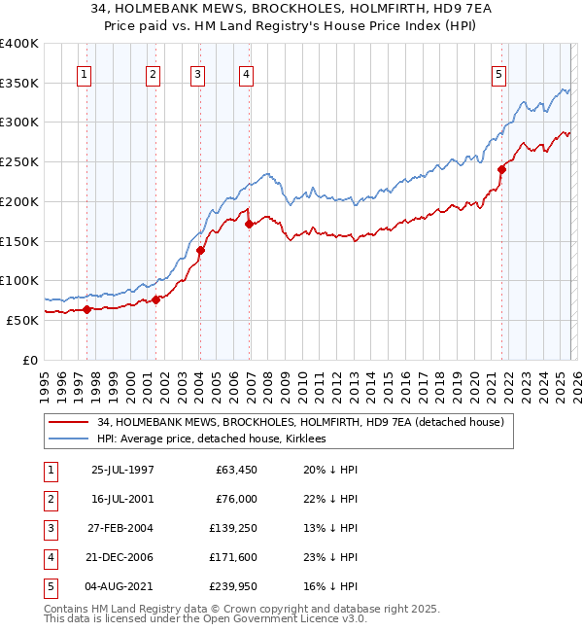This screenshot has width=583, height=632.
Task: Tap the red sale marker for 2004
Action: point(200,250)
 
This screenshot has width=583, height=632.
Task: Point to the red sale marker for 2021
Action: point(502,169)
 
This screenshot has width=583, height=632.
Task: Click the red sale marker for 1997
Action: point(86,309)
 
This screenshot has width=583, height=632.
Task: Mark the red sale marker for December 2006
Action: point(249,224)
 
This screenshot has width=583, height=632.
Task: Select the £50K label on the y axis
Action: point(21,319)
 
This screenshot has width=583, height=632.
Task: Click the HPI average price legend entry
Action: point(211,439)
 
